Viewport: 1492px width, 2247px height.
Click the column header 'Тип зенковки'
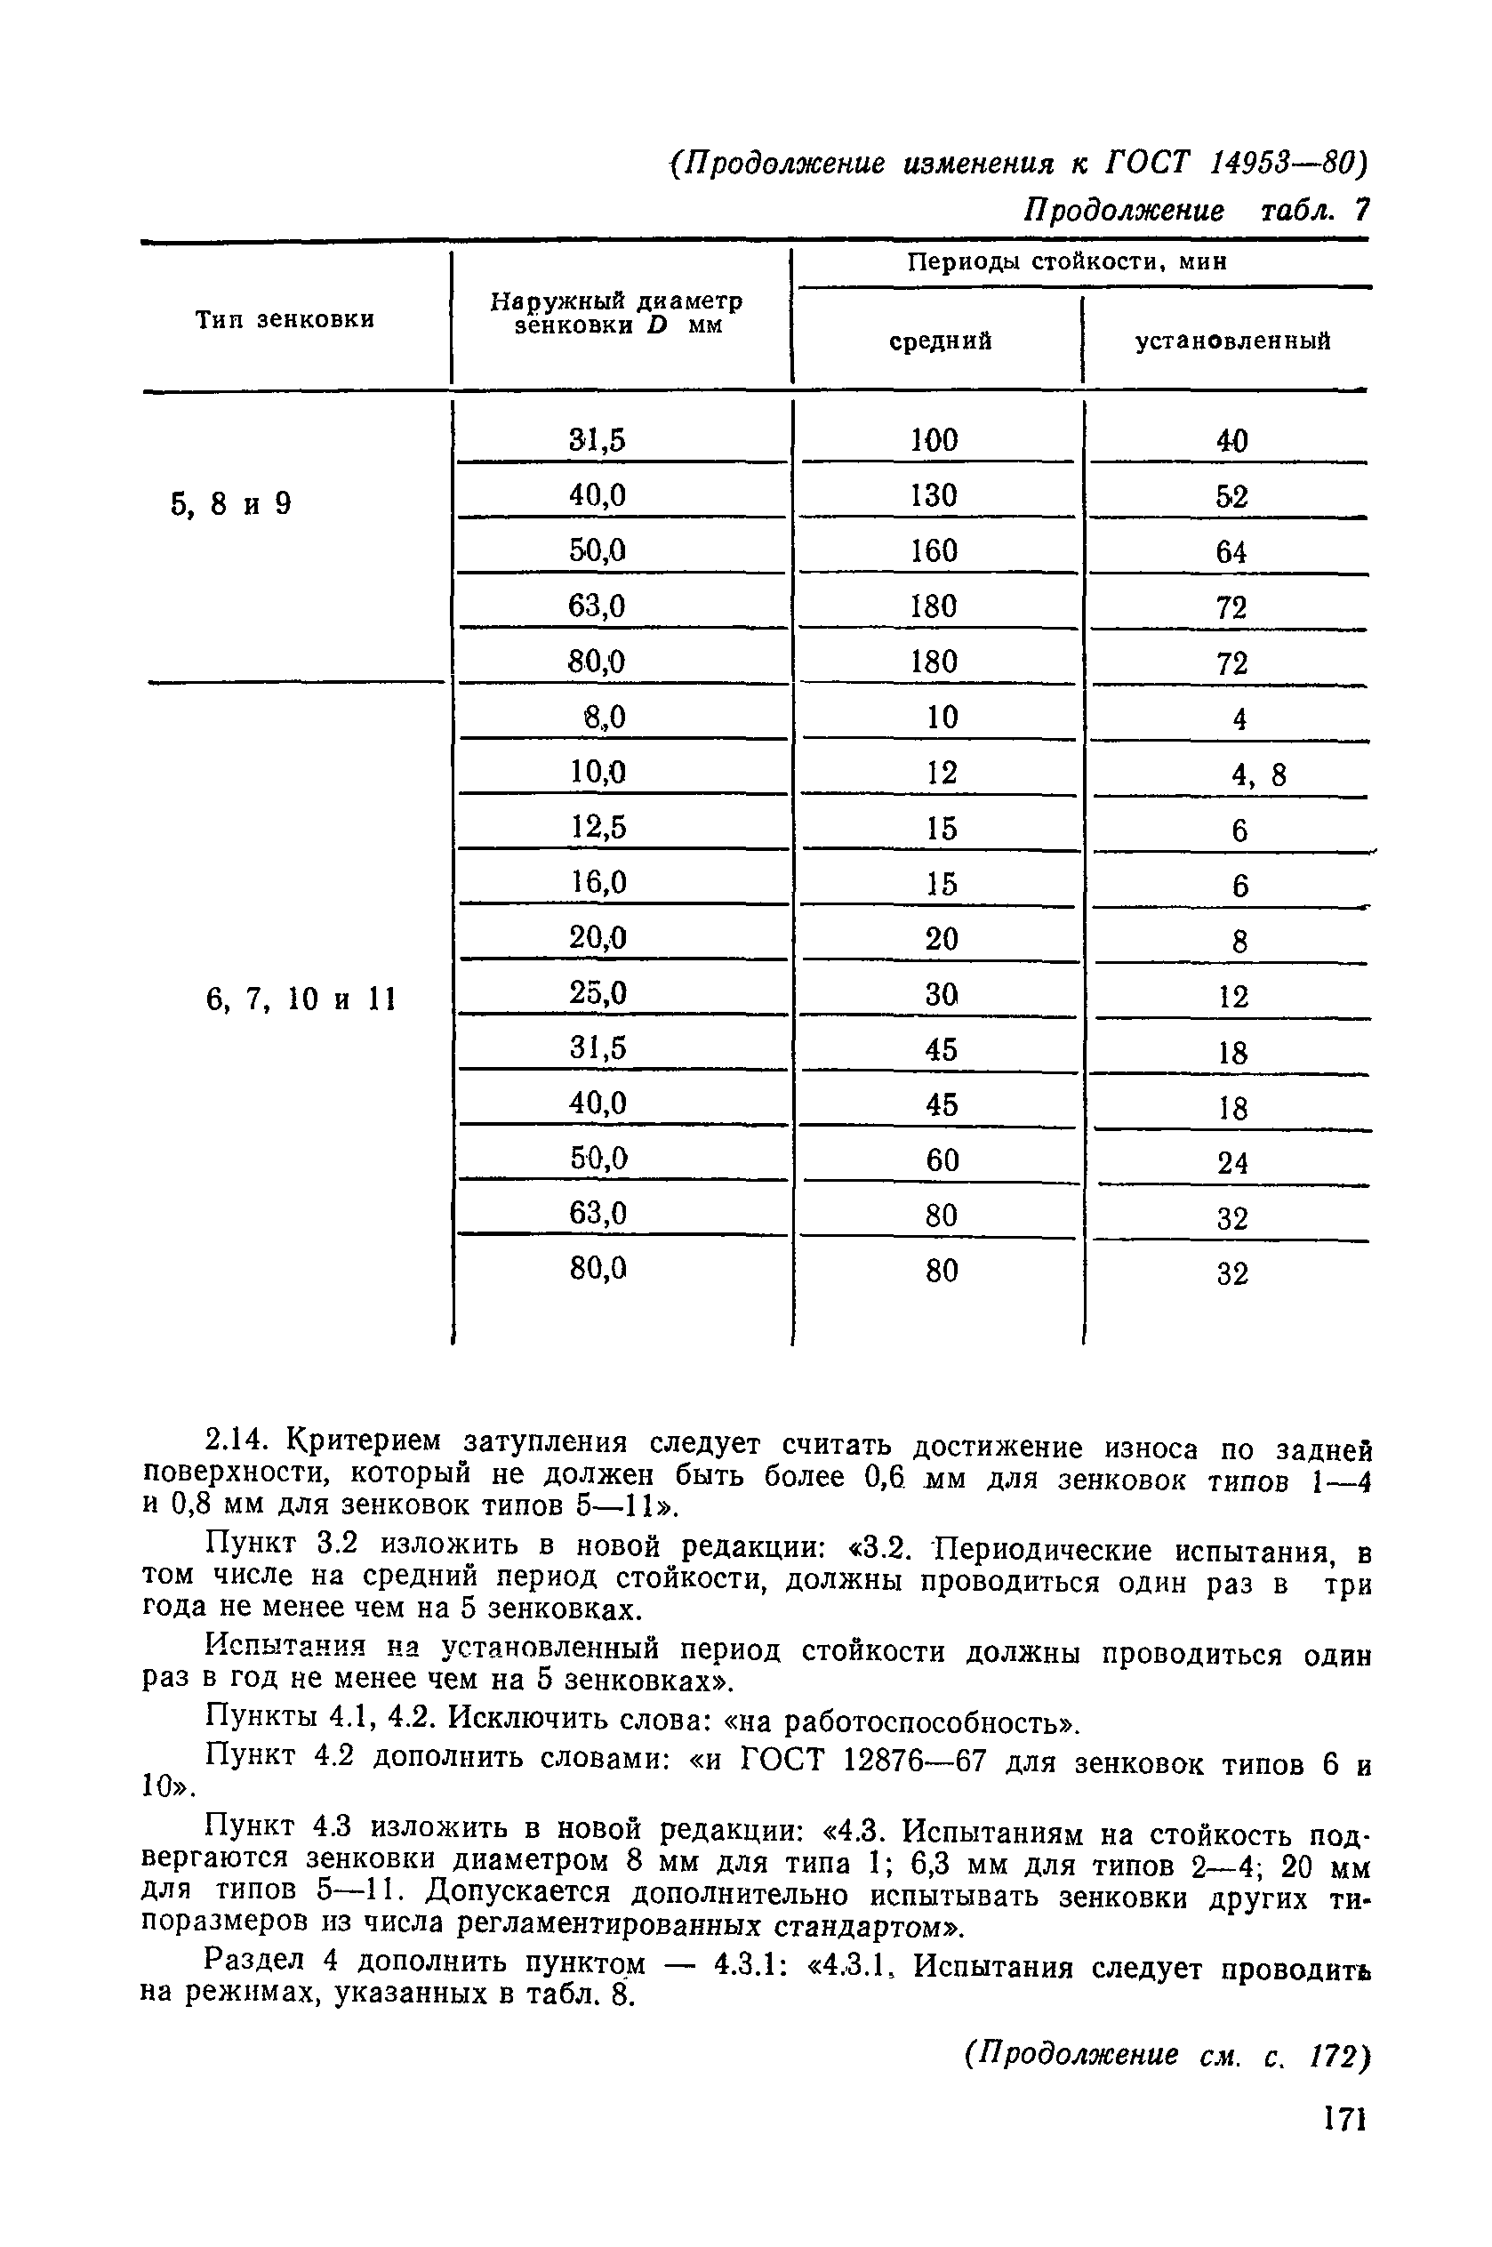285,319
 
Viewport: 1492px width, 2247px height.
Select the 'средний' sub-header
940,341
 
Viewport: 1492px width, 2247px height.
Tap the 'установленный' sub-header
1232,341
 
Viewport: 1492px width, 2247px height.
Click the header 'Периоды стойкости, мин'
1067,261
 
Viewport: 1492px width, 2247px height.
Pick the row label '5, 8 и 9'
231,504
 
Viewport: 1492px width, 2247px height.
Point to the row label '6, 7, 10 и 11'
301,999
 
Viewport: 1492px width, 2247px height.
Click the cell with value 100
934,440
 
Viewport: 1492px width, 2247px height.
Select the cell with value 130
934,495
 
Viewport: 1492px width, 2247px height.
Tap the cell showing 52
1231,496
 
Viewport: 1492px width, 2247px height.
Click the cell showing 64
1231,552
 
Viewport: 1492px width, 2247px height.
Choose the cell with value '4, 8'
1258,775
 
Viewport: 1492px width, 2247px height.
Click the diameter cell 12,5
598,828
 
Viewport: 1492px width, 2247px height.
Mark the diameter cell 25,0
598,993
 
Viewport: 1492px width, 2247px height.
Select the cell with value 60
940,1160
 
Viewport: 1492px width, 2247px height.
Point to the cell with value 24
1232,1162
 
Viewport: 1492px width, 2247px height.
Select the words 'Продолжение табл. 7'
1195,210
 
